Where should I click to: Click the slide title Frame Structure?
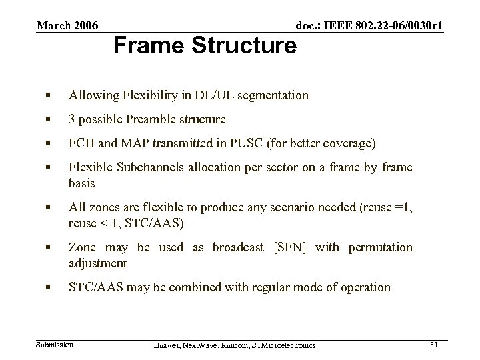point(205,46)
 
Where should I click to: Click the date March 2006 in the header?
point(67,26)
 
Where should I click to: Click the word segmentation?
point(273,95)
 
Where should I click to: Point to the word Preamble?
point(150,120)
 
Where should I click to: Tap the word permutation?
point(378,247)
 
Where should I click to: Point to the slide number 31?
point(434,344)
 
